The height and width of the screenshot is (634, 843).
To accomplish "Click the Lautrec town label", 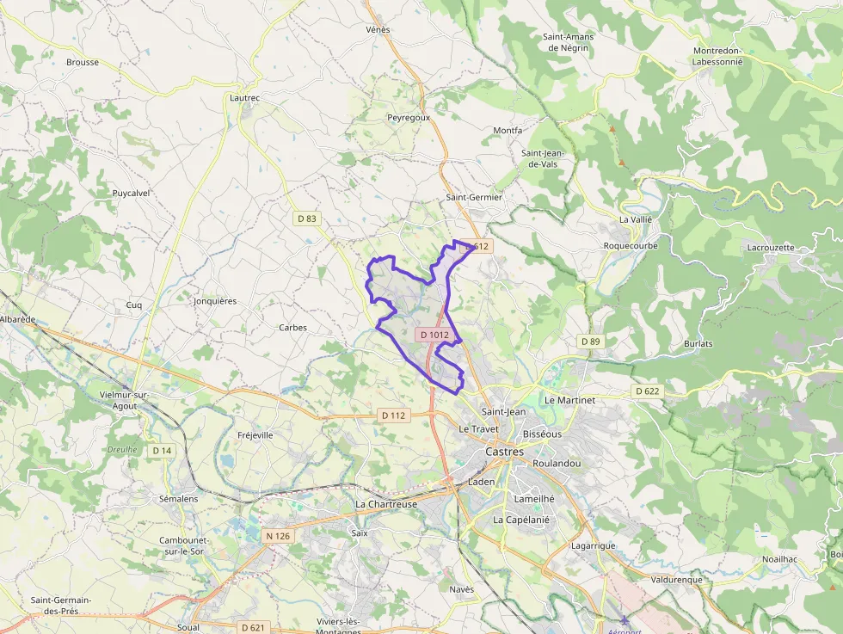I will point(244,98).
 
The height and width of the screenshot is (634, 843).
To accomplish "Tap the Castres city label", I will point(504,451).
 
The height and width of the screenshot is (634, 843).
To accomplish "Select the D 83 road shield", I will point(307,219).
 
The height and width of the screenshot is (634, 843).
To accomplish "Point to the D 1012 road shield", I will point(434,334).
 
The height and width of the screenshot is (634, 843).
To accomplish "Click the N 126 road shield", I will point(278,536).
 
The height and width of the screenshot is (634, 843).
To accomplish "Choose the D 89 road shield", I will point(590,342).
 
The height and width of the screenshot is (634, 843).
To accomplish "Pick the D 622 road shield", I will point(648,391).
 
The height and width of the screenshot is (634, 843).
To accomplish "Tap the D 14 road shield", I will point(162,450).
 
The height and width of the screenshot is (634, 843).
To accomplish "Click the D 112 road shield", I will point(392,415).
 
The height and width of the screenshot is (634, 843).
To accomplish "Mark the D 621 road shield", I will point(252,627).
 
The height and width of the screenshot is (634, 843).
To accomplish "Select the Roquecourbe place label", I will point(631,245).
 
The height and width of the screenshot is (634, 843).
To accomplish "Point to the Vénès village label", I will point(378,30).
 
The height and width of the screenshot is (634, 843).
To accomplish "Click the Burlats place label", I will point(698,343).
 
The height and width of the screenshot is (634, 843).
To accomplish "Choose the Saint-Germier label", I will point(473,197).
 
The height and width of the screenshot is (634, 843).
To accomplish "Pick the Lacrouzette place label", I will point(771,247).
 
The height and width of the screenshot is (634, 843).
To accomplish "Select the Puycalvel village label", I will point(131,194).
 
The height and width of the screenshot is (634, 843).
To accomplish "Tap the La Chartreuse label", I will point(386,504).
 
